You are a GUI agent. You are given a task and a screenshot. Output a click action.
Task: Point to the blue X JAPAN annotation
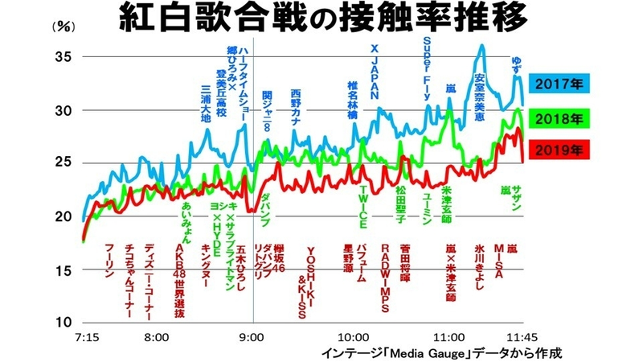(x=374, y=71)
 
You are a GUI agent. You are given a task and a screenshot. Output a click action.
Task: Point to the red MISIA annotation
(x=498, y=259)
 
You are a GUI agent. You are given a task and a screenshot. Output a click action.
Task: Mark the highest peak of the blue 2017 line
(x=481, y=46)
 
